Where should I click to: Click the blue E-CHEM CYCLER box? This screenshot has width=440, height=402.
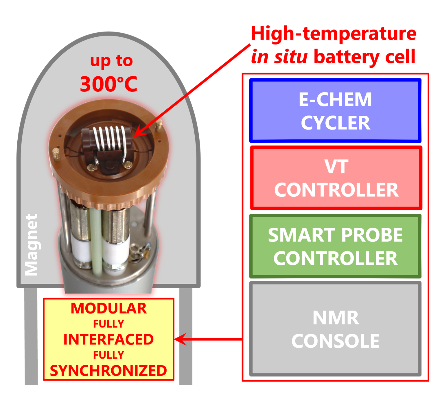pyautogui.click(x=335, y=110)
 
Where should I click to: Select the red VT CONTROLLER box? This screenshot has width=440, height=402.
pyautogui.click(x=336, y=178)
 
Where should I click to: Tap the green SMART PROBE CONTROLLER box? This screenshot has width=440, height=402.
pyautogui.click(x=335, y=246)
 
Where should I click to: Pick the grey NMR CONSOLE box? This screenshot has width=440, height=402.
pyautogui.click(x=335, y=329)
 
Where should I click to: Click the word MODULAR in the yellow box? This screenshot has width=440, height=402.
pyautogui.click(x=109, y=308)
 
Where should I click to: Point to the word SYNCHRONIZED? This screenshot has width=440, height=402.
pyautogui.click(x=108, y=371)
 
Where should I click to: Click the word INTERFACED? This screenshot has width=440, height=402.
pyautogui.click(x=108, y=340)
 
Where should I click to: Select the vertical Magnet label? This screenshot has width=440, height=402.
pyautogui.click(x=31, y=245)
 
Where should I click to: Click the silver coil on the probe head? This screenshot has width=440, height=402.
pyautogui.click(x=110, y=139)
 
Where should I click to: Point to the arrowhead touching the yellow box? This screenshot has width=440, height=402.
pyautogui.click(x=181, y=339)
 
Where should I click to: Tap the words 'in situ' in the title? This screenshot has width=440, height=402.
pyautogui.click(x=279, y=57)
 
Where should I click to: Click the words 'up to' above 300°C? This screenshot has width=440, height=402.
pyautogui.click(x=111, y=61)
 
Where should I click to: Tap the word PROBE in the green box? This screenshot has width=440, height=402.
pyautogui.click(x=372, y=235)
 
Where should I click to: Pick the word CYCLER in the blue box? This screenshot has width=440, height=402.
pyautogui.click(x=336, y=123)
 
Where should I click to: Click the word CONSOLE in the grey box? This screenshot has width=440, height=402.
pyautogui.click(x=335, y=341)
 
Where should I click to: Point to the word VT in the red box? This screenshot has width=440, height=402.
pyautogui.click(x=336, y=167)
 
